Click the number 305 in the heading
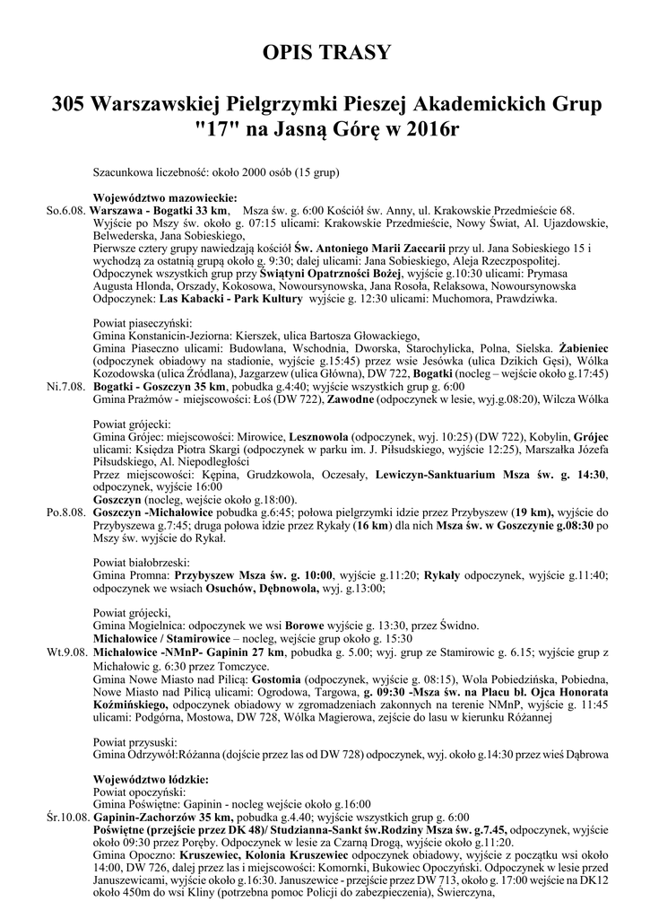coord(69,105)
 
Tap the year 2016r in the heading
coord(425,129)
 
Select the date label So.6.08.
coord(66,210)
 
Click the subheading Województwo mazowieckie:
coord(165,198)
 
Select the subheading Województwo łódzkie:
coord(151,780)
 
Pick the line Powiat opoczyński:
coord(139,792)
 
